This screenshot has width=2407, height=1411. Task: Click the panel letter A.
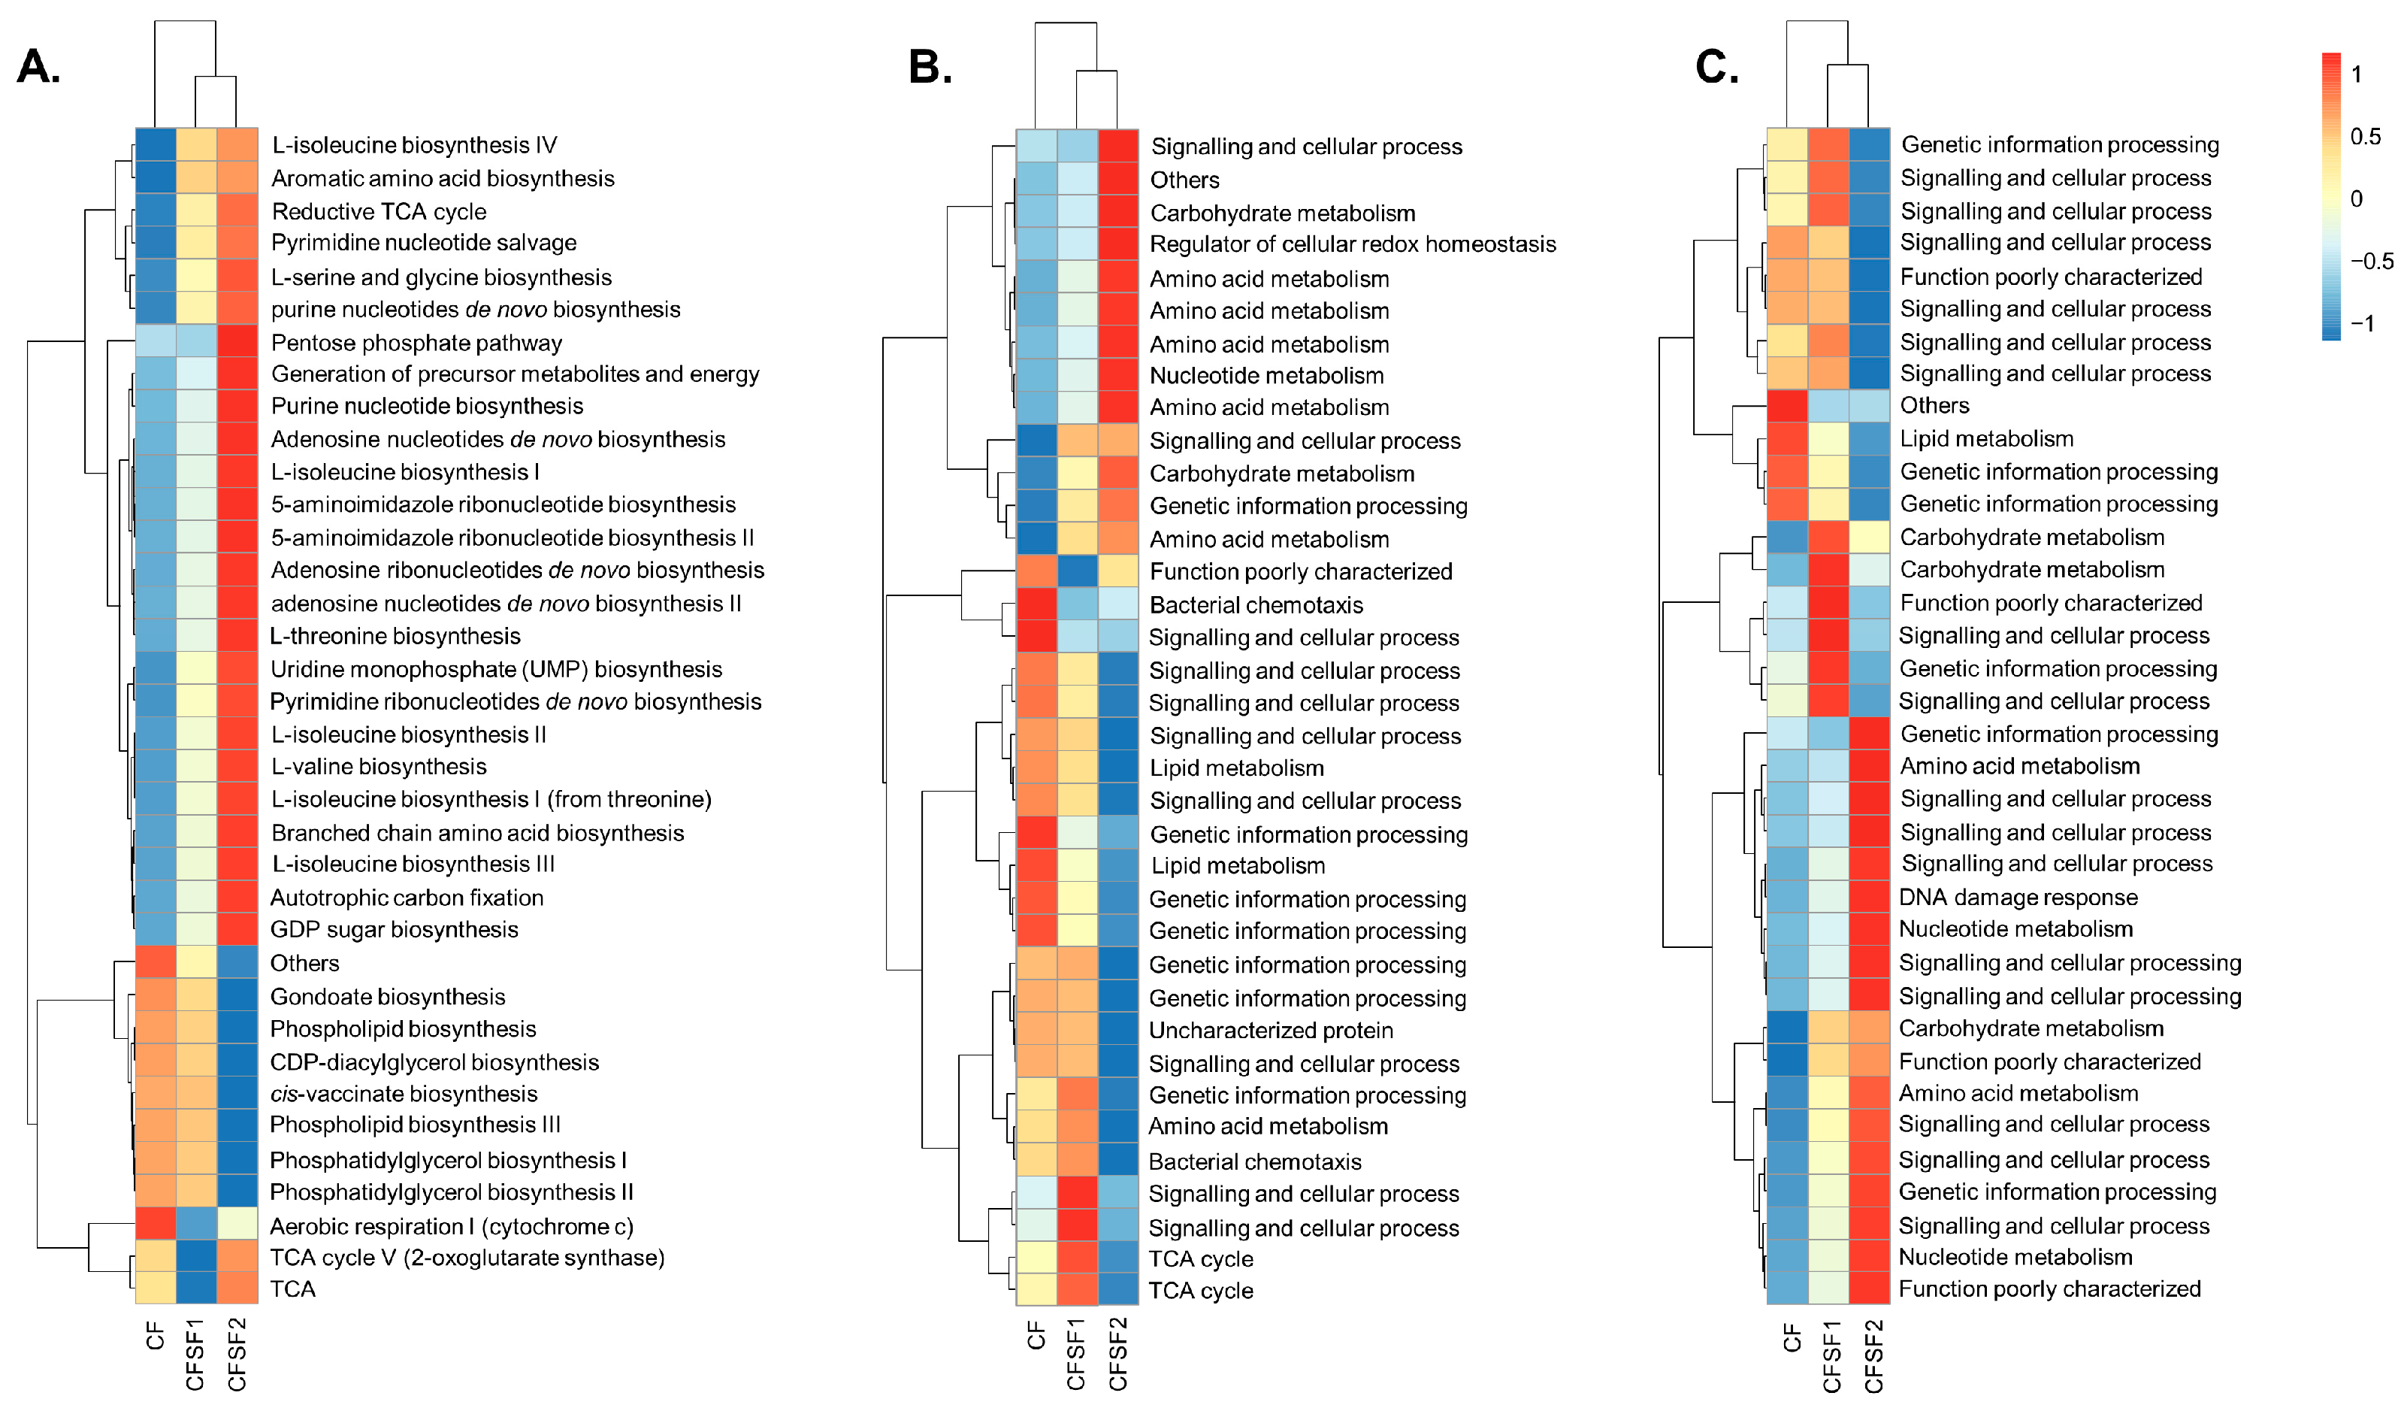point(38,67)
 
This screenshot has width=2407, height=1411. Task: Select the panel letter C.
point(1716,67)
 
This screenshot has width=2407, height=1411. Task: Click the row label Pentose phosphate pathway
point(416,343)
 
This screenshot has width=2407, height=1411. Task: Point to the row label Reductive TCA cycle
point(379,212)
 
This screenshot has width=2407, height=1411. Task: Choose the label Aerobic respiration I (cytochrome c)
point(452,1227)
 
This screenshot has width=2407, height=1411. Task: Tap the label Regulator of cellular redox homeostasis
point(1353,244)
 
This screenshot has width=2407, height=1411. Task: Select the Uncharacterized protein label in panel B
point(1270,1031)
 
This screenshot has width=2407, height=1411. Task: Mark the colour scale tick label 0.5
point(2366,137)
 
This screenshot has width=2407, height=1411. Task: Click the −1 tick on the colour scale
point(2362,324)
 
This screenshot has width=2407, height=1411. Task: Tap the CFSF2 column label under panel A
point(237,1354)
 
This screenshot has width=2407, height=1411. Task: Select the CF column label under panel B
point(1037,1336)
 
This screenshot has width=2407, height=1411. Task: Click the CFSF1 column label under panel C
point(1832,1357)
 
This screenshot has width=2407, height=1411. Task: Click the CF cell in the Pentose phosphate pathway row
point(156,341)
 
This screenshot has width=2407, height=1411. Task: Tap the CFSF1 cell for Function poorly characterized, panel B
point(1078,571)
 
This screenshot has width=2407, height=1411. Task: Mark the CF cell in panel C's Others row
point(1787,406)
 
